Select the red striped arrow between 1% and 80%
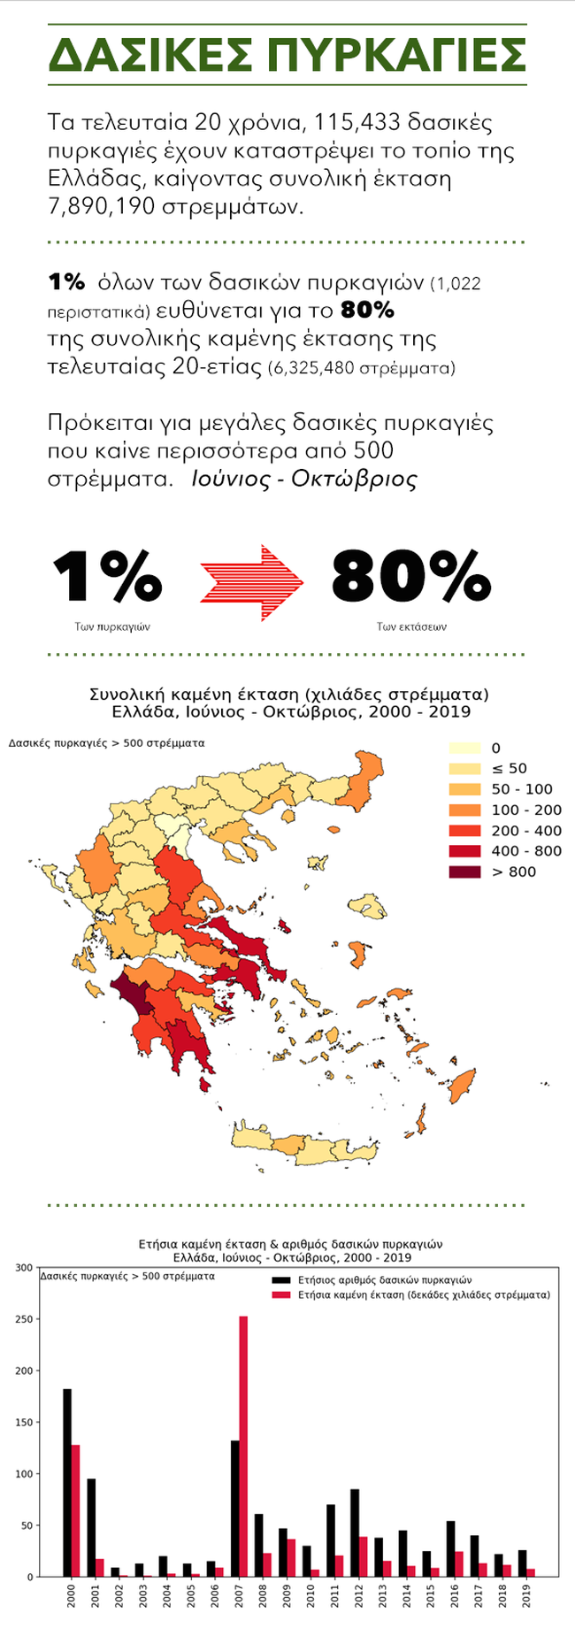(252, 582)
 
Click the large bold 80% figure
(410, 578)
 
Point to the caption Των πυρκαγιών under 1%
(112, 626)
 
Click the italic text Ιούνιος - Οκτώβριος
(303, 480)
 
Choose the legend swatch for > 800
(464, 872)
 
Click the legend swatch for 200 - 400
(464, 831)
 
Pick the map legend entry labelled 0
(464, 749)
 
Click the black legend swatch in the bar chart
(280, 1280)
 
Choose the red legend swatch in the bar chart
(280, 1294)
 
